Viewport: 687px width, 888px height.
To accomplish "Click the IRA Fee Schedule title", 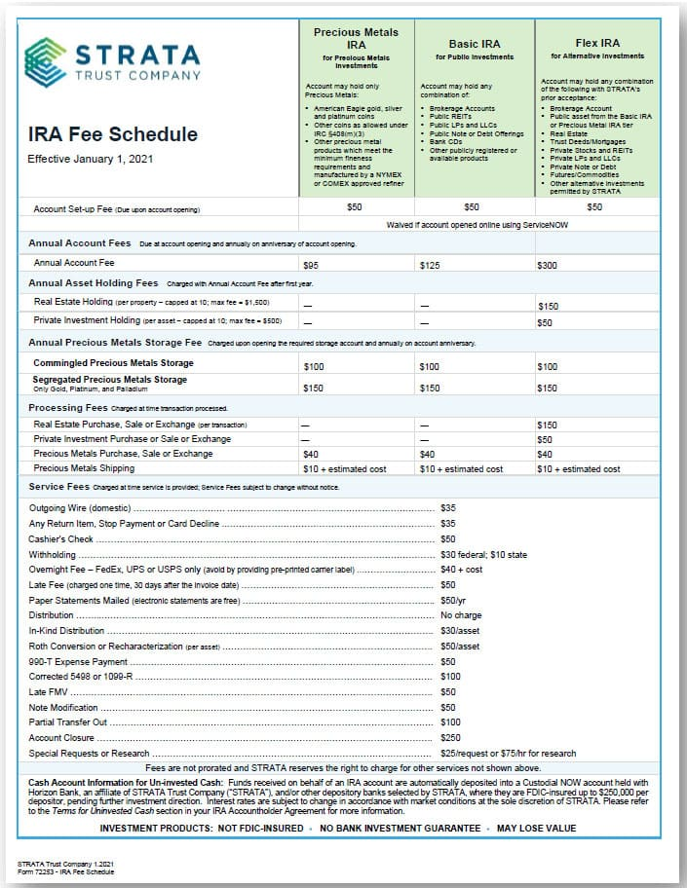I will tap(112, 134).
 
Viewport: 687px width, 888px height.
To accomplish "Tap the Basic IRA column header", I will tap(476, 44).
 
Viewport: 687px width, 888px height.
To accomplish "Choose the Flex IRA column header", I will tap(597, 43).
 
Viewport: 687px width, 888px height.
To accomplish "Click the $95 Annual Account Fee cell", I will tap(312, 263).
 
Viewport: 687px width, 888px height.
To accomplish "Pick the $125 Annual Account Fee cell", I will tap(430, 263).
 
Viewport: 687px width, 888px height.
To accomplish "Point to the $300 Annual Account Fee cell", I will tap(548, 263).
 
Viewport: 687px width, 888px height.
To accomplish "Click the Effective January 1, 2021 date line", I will tap(90, 158).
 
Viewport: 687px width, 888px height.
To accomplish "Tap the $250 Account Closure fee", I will tap(450, 738).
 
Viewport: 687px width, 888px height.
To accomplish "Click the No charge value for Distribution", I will tap(461, 615).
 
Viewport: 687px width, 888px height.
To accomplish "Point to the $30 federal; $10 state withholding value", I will tap(484, 554).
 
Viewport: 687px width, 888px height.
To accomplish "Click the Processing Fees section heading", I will tap(68, 407).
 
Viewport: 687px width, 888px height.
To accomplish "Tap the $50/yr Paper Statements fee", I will tap(454, 600).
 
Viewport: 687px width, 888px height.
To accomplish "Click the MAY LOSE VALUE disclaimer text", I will tap(536, 829).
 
